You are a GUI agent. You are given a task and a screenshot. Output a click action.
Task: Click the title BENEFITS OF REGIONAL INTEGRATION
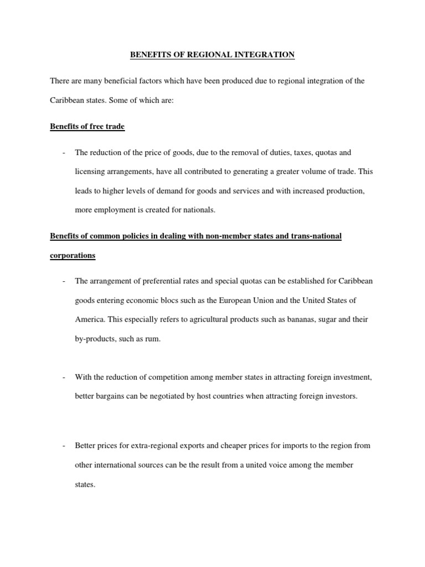[212, 54]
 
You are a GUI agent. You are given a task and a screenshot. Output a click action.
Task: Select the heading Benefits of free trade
[87, 127]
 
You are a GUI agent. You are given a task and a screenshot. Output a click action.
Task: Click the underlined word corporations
[72, 256]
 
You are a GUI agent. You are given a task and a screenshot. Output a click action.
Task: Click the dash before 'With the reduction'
[65, 378]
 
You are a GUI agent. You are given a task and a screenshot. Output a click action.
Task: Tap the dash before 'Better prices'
[65, 446]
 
